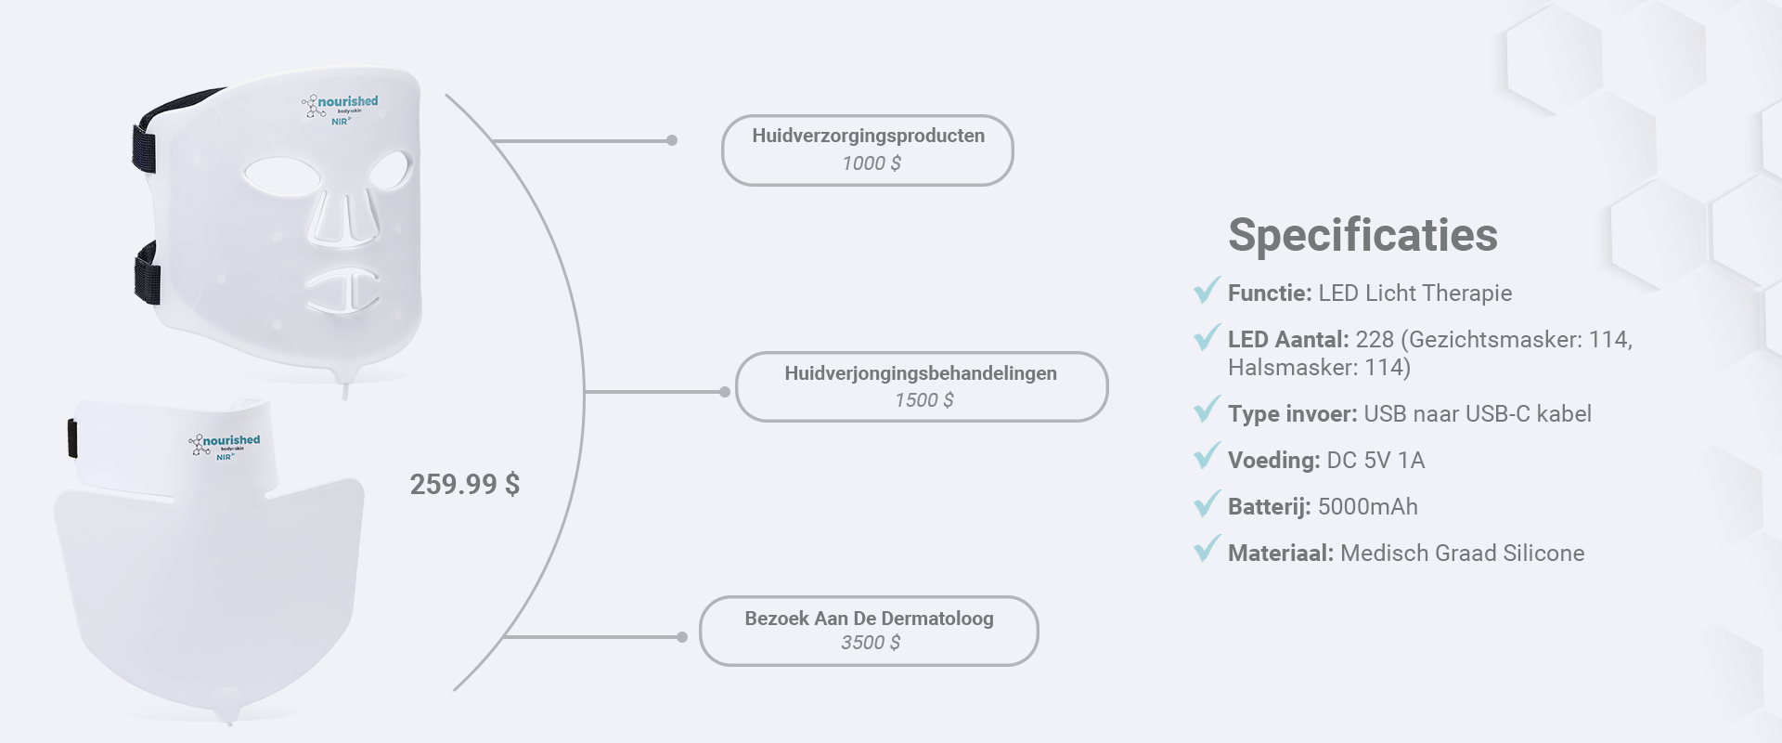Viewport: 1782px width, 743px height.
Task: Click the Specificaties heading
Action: click(1362, 235)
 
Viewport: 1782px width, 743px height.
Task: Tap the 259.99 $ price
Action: click(465, 484)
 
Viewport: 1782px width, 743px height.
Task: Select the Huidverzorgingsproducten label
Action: click(869, 136)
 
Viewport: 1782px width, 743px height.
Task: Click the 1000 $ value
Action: click(872, 163)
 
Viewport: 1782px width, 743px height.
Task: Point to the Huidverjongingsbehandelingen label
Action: click(921, 373)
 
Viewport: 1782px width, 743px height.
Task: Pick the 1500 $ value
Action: click(924, 400)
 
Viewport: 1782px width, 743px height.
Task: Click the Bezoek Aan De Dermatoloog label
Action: click(869, 619)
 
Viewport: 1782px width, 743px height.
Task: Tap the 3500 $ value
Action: click(871, 643)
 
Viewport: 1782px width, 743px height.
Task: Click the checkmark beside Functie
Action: click(1207, 290)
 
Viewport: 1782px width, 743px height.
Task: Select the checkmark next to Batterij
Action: click(1207, 503)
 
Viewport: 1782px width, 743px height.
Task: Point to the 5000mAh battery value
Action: click(1368, 507)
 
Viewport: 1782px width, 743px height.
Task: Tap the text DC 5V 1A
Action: click(1375, 461)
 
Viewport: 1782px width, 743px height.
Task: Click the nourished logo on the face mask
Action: click(340, 108)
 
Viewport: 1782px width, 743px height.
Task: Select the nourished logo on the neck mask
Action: click(225, 446)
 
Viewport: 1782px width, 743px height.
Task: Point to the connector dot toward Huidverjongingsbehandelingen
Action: click(725, 392)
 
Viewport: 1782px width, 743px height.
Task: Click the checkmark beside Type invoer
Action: click(1207, 411)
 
